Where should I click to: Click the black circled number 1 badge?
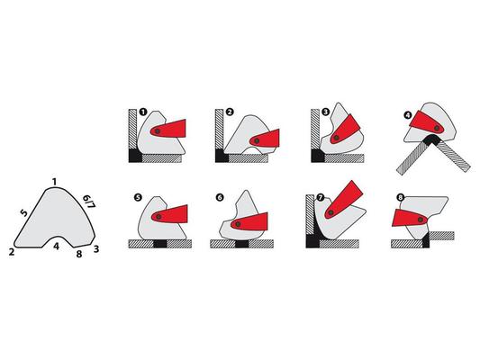click(x=142, y=112)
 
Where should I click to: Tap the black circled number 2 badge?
click(x=230, y=112)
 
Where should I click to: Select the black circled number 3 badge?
click(x=325, y=112)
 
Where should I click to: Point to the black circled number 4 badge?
click(x=408, y=115)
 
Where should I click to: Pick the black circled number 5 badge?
click(x=138, y=198)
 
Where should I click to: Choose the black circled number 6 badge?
click(x=220, y=198)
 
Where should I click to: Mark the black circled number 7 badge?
click(x=321, y=198)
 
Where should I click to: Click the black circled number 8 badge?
click(x=401, y=198)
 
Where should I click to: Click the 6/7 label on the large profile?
click(x=89, y=202)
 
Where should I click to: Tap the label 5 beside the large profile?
click(x=24, y=213)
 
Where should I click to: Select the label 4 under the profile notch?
click(x=56, y=246)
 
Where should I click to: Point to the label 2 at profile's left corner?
click(x=12, y=252)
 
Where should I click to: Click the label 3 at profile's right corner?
click(x=96, y=249)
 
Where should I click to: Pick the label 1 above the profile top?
click(x=54, y=183)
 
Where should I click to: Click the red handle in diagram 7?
click(x=343, y=200)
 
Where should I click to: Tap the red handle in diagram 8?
click(x=410, y=218)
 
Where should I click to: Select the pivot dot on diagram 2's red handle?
click(x=257, y=141)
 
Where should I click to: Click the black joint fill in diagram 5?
click(x=160, y=244)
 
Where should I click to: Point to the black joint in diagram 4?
click(x=431, y=139)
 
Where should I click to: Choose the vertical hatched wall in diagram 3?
click(x=315, y=129)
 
